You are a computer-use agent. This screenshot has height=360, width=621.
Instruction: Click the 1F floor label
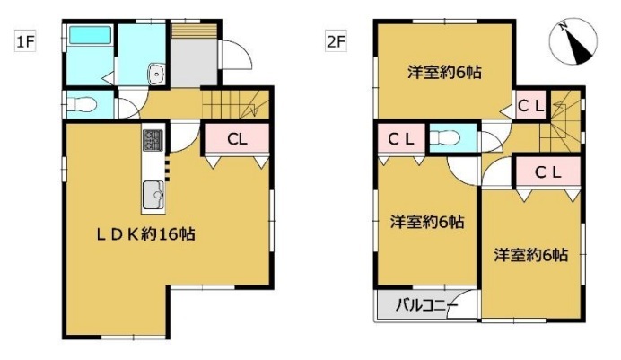tap(25, 41)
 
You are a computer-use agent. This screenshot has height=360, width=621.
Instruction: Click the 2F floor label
tap(337, 41)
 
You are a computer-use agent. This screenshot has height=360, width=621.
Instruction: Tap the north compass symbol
tap(573, 41)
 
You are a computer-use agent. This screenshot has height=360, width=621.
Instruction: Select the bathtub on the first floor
tap(90, 35)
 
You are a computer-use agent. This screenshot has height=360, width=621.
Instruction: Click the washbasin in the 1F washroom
tap(157, 74)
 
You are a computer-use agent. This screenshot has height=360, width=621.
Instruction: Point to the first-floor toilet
tap(82, 104)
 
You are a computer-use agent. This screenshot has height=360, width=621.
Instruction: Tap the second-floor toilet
tap(445, 138)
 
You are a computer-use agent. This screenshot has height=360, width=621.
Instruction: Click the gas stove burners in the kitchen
tap(153, 141)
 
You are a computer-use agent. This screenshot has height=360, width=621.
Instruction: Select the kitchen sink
tap(153, 195)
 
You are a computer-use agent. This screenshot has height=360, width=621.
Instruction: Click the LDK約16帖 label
tap(146, 234)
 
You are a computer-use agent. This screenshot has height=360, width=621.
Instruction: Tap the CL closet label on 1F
tap(237, 139)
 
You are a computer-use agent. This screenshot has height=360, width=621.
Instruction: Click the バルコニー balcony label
tap(427, 305)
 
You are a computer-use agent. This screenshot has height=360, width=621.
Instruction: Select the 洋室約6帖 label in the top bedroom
tap(445, 73)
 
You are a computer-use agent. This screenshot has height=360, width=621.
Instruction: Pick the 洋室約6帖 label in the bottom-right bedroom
tap(530, 255)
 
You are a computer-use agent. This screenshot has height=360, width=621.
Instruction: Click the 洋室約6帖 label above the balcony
tap(427, 222)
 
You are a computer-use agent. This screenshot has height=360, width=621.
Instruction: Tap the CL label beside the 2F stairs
tap(530, 105)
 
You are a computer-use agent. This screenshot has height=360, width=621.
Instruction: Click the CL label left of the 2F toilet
tap(401, 139)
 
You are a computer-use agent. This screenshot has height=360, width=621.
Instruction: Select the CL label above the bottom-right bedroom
tap(548, 172)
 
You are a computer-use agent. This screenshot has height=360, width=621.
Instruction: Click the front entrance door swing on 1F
tap(236, 55)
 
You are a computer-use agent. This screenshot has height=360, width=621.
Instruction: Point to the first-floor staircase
tap(236, 104)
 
